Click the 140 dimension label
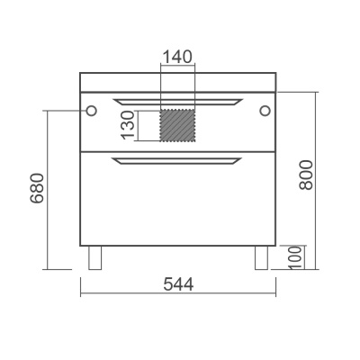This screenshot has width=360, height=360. [177, 57]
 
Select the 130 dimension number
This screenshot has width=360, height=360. [128, 125]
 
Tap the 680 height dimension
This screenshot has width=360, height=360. [37, 188]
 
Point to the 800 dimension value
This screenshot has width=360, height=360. [306, 175]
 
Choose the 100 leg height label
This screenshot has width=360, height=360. [295, 257]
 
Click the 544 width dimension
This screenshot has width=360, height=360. [178, 284]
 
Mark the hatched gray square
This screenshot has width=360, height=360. [177, 125]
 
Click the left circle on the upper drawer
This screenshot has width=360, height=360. [91, 111]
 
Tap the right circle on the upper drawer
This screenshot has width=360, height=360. [265, 111]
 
